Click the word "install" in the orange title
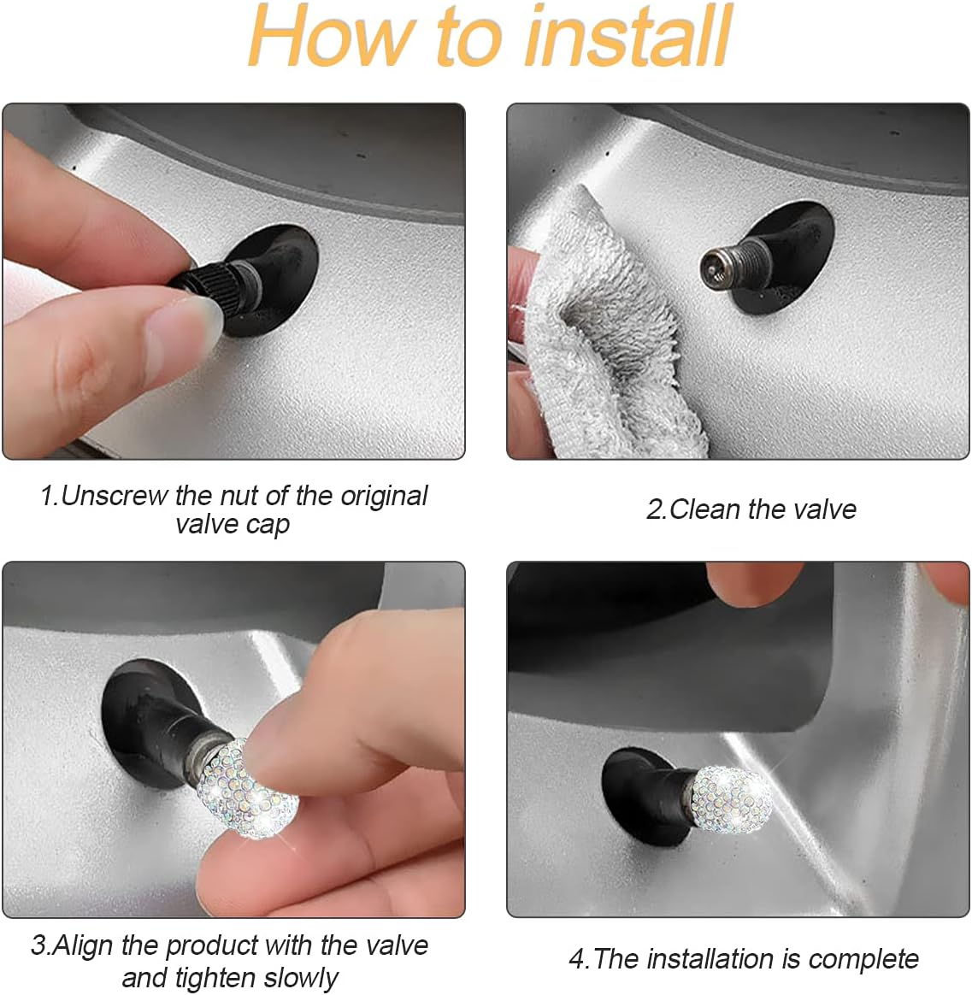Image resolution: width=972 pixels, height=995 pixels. click(628, 36)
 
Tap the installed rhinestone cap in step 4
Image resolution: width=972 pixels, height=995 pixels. click(729, 799)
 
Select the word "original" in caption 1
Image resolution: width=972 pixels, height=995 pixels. click(384, 497)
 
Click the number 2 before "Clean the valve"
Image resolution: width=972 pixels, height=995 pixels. click(654, 510)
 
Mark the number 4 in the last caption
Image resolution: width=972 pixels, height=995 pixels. click(577, 959)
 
